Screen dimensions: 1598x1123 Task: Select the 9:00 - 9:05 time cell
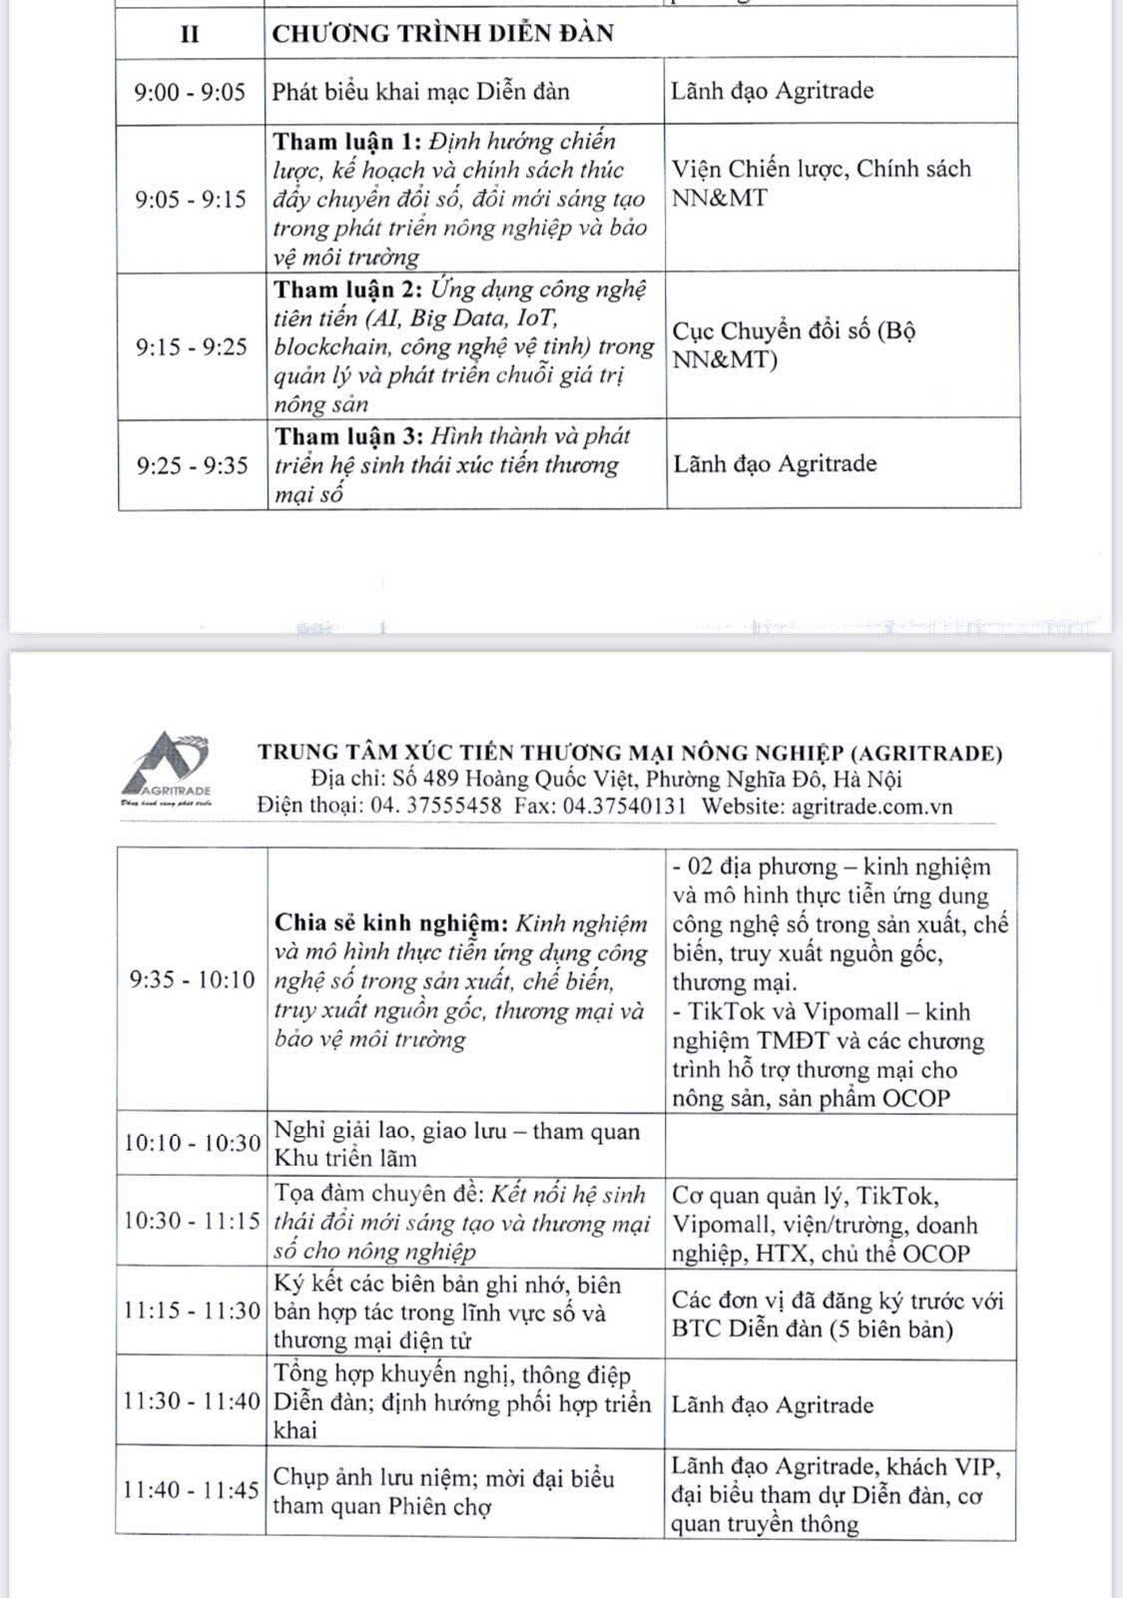click(x=191, y=92)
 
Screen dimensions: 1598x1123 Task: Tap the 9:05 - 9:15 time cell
click(x=191, y=199)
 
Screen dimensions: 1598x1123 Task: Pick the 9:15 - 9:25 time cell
click(x=192, y=346)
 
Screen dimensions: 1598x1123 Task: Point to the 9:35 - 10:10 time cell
click(x=193, y=979)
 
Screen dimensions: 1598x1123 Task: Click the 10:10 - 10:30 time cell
click(x=193, y=1143)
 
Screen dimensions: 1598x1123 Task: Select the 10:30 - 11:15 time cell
click(x=193, y=1221)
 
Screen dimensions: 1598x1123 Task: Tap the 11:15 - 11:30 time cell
click(x=193, y=1311)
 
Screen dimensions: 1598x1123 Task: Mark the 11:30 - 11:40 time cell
click(x=193, y=1401)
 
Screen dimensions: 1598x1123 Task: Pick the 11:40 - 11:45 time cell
click(x=193, y=1490)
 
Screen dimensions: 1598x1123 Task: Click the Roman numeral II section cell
click(x=190, y=34)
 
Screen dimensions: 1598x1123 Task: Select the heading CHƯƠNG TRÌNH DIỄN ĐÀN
click(x=443, y=33)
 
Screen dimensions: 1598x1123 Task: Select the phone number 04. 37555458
click(x=435, y=806)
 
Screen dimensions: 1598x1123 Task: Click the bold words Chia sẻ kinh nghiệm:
click(x=391, y=923)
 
